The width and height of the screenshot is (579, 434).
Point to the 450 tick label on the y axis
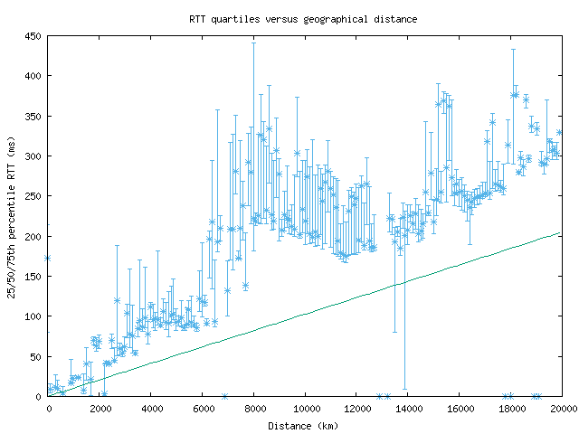pyautogui.click(x=33, y=37)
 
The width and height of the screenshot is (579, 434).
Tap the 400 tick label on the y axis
pyautogui.click(x=33, y=77)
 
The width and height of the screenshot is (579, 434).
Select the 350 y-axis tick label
pyautogui.click(x=33, y=117)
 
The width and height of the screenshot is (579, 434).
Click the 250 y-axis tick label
pyautogui.click(x=33, y=196)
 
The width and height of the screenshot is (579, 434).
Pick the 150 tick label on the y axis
pyautogui.click(x=33, y=277)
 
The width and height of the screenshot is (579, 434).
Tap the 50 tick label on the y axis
pyautogui.click(x=35, y=356)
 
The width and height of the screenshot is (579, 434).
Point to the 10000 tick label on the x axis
pyautogui.click(x=305, y=409)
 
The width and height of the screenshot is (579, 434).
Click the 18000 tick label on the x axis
pyautogui.click(x=510, y=409)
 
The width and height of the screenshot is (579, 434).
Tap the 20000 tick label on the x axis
pyautogui.click(x=562, y=409)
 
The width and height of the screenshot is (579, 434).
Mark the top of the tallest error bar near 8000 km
pyautogui.click(x=253, y=42)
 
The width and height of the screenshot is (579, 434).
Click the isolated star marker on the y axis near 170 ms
pyautogui.click(x=47, y=258)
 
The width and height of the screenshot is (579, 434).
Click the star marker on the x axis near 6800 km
pyautogui.click(x=223, y=396)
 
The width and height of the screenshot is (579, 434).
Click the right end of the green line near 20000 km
pyautogui.click(x=561, y=232)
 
